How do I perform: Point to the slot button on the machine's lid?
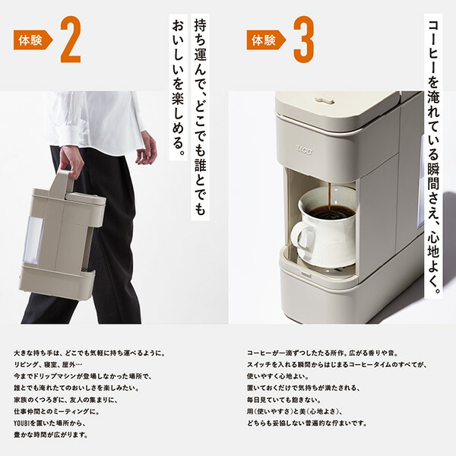point(325,100)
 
